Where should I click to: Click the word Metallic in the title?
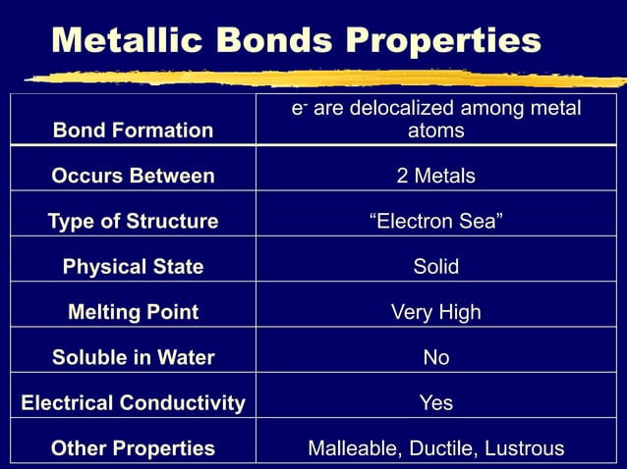(x=115, y=40)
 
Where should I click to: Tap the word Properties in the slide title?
(x=431, y=40)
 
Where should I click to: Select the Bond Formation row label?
(x=133, y=130)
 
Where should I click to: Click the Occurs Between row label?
(x=133, y=177)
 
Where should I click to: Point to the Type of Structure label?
(x=133, y=222)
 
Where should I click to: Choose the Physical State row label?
(x=133, y=267)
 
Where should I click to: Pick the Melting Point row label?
(x=133, y=313)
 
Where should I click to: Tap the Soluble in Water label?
(x=133, y=358)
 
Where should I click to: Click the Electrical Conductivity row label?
(x=133, y=403)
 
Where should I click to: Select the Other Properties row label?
(x=133, y=448)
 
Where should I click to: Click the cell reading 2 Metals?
(x=435, y=177)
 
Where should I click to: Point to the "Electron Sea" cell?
(x=435, y=222)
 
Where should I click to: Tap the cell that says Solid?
(x=435, y=267)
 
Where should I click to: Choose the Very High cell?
(x=435, y=313)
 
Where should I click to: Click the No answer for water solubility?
(x=435, y=358)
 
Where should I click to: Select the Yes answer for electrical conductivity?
(x=435, y=403)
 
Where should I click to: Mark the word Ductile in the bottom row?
(x=437, y=448)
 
